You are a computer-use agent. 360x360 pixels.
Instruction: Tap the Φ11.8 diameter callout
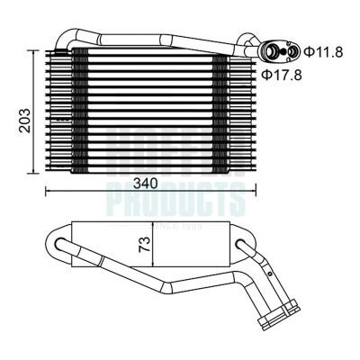click(x=321, y=51)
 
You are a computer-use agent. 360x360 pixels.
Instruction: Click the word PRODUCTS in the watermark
click(x=175, y=193)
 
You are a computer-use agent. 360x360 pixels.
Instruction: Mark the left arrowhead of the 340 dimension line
click(x=47, y=191)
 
